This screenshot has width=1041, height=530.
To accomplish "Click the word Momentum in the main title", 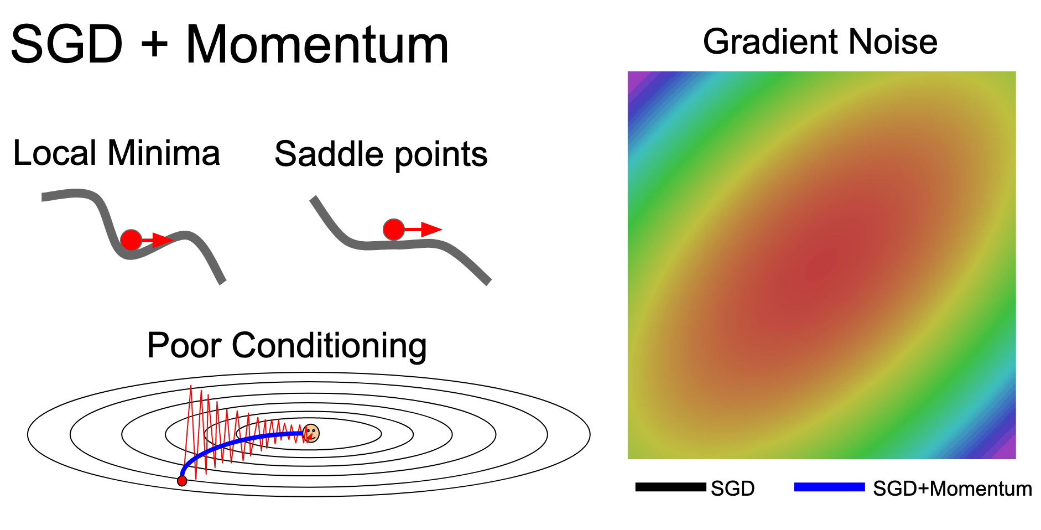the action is click(x=317, y=45).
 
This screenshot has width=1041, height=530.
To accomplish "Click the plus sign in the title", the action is click(x=154, y=45).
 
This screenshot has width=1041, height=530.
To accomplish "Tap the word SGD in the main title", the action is click(x=66, y=45).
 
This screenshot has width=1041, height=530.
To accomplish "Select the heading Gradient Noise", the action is click(x=820, y=41).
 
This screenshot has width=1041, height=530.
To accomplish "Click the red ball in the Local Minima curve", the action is click(x=131, y=240).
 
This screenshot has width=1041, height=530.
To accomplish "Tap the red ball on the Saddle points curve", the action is click(x=394, y=229).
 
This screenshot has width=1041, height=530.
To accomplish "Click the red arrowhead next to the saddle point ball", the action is click(x=431, y=229).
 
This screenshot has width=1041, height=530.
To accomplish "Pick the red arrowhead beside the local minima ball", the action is click(x=163, y=240).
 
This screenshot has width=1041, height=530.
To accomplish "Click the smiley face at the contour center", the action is click(x=311, y=433).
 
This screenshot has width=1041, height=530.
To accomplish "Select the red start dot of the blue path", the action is click(x=182, y=481).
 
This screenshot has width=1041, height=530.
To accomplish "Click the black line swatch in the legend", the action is click(x=670, y=487).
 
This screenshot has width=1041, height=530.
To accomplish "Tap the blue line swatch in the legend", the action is click(x=829, y=487).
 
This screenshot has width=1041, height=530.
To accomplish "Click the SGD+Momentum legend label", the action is click(x=952, y=489).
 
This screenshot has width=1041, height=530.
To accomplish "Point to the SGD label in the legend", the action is click(x=733, y=489).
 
